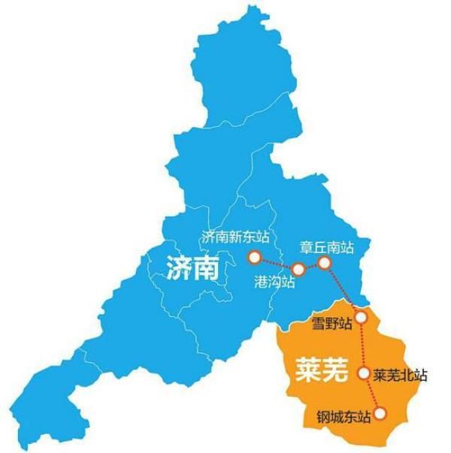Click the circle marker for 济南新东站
tap(254, 258)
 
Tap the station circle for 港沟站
tap(298, 269)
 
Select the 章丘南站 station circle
tap(325, 262)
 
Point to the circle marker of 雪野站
tap(362, 317)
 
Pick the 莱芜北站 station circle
tap(364, 373)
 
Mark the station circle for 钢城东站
tap(380, 412)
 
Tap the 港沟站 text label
tap(275, 284)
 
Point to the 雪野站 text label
tap(331, 325)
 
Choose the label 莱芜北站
tap(400, 375)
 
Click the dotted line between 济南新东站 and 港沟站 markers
tap(277, 264)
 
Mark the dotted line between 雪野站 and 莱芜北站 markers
tap(363, 345)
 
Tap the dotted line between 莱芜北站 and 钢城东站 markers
tap(371, 392)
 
